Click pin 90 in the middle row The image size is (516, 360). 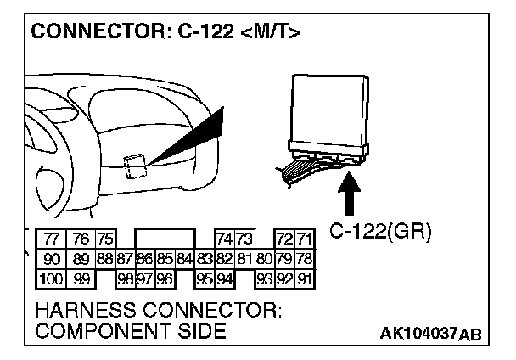52,258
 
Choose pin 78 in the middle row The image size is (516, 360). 305,258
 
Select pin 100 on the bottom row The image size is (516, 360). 52,278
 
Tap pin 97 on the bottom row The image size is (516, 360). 145,278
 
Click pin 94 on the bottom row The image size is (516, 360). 226,278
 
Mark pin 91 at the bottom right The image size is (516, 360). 305,278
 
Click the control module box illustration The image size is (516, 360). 326,110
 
